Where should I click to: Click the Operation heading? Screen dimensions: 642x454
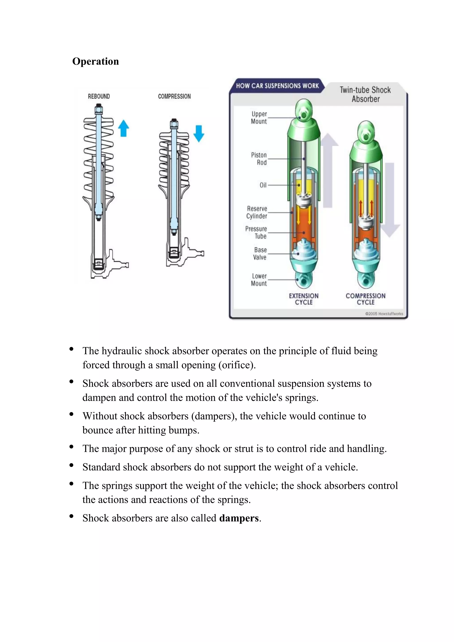(96, 61)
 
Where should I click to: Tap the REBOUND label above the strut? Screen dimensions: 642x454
(99, 96)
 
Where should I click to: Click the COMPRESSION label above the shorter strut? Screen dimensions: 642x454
(174, 96)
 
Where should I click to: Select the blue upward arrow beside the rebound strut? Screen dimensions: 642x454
(123, 128)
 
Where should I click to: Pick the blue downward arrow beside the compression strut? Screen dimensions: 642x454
(199, 134)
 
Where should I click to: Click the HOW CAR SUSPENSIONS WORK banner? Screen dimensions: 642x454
(277, 86)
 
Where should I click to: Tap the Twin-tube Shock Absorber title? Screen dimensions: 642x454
(365, 94)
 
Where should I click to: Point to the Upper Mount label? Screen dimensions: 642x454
(259, 118)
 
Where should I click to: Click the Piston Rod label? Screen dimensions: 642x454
(259, 159)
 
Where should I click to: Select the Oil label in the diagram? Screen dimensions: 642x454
(263, 185)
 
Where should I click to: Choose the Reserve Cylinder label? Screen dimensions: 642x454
(257, 212)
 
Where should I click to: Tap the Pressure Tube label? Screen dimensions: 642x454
(256, 232)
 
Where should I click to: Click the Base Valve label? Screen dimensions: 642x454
(260, 254)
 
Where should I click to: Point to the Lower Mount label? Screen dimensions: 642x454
(259, 280)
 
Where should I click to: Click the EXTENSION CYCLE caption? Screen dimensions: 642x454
(304, 299)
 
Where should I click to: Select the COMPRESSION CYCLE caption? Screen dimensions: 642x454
(365, 299)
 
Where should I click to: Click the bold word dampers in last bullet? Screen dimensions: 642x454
(239, 518)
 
